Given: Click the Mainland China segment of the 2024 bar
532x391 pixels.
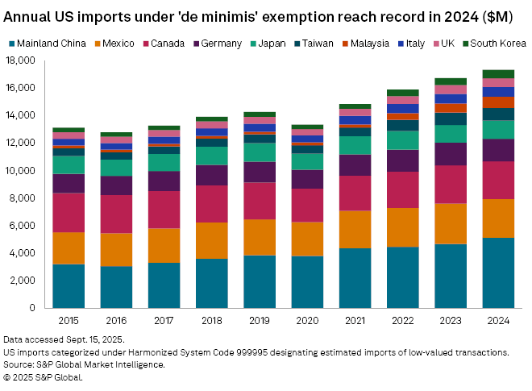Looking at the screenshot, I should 498,272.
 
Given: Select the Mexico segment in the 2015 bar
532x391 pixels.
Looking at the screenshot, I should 69,247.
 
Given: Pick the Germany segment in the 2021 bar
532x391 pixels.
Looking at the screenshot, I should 355,164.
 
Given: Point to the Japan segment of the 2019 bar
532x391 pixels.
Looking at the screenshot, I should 260,152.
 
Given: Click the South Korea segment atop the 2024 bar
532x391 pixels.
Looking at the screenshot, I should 498,74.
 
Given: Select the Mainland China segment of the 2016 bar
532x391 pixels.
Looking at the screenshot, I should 117,286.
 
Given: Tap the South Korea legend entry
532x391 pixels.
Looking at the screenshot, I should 500,43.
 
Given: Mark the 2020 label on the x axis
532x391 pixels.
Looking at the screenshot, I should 307,320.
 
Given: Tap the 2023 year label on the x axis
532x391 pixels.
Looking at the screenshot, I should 451,320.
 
